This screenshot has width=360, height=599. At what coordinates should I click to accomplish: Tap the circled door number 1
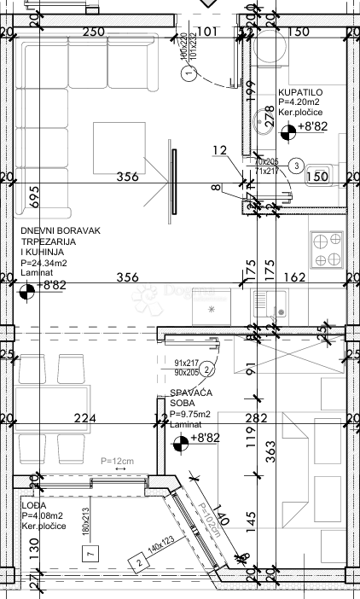tap(189, 74)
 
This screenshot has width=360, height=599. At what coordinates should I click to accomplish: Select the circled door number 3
tap(295, 165)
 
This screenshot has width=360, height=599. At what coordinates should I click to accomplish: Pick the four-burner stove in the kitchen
tap(326, 249)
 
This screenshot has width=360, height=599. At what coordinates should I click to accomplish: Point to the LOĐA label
tap(33, 504)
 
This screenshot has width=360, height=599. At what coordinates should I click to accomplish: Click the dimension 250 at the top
tap(93, 32)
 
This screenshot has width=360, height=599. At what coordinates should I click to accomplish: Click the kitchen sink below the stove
tap(271, 303)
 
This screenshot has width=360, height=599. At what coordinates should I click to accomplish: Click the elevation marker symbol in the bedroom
tap(180, 442)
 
